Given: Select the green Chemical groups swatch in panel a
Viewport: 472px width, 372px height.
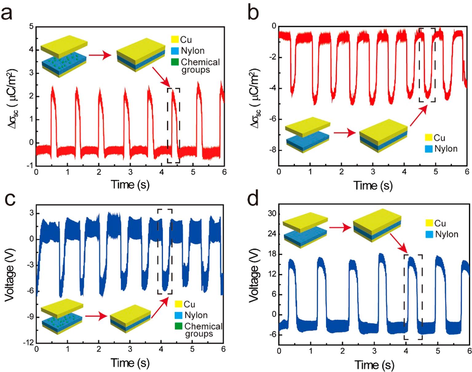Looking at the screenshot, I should coord(175,62).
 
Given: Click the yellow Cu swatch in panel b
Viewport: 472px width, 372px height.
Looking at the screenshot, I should coord(429,138).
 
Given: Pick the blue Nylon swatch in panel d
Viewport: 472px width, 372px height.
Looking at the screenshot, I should coord(430,234).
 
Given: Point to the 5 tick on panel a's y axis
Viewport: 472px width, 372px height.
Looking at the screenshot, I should coord(31,26).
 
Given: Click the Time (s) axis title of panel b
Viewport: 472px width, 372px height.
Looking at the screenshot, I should coord(373,185).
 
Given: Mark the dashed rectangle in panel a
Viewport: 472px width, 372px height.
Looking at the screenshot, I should coord(173,125).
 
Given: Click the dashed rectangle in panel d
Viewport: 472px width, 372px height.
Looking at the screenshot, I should coord(413,297).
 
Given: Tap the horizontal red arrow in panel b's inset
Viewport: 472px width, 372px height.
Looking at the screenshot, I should coord(344,133).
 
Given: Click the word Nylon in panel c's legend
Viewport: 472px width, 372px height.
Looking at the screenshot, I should coord(196,315).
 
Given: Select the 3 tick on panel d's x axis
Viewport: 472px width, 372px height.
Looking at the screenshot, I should coord(374,350).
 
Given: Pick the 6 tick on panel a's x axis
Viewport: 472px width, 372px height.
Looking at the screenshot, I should coord(224,172).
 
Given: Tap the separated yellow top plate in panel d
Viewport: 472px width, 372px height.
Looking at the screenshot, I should coord(305,223).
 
